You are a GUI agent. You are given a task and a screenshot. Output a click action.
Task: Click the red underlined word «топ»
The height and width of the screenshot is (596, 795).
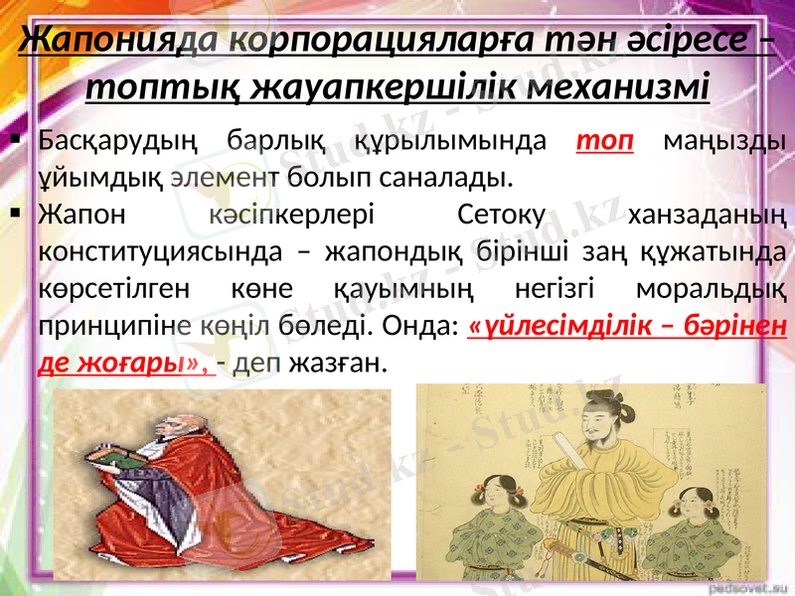tap(605, 140)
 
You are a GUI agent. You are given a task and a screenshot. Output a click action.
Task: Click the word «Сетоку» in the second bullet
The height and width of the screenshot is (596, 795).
tap(502, 214)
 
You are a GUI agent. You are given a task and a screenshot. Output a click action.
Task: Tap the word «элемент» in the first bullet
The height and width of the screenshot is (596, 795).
tap(224, 178)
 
